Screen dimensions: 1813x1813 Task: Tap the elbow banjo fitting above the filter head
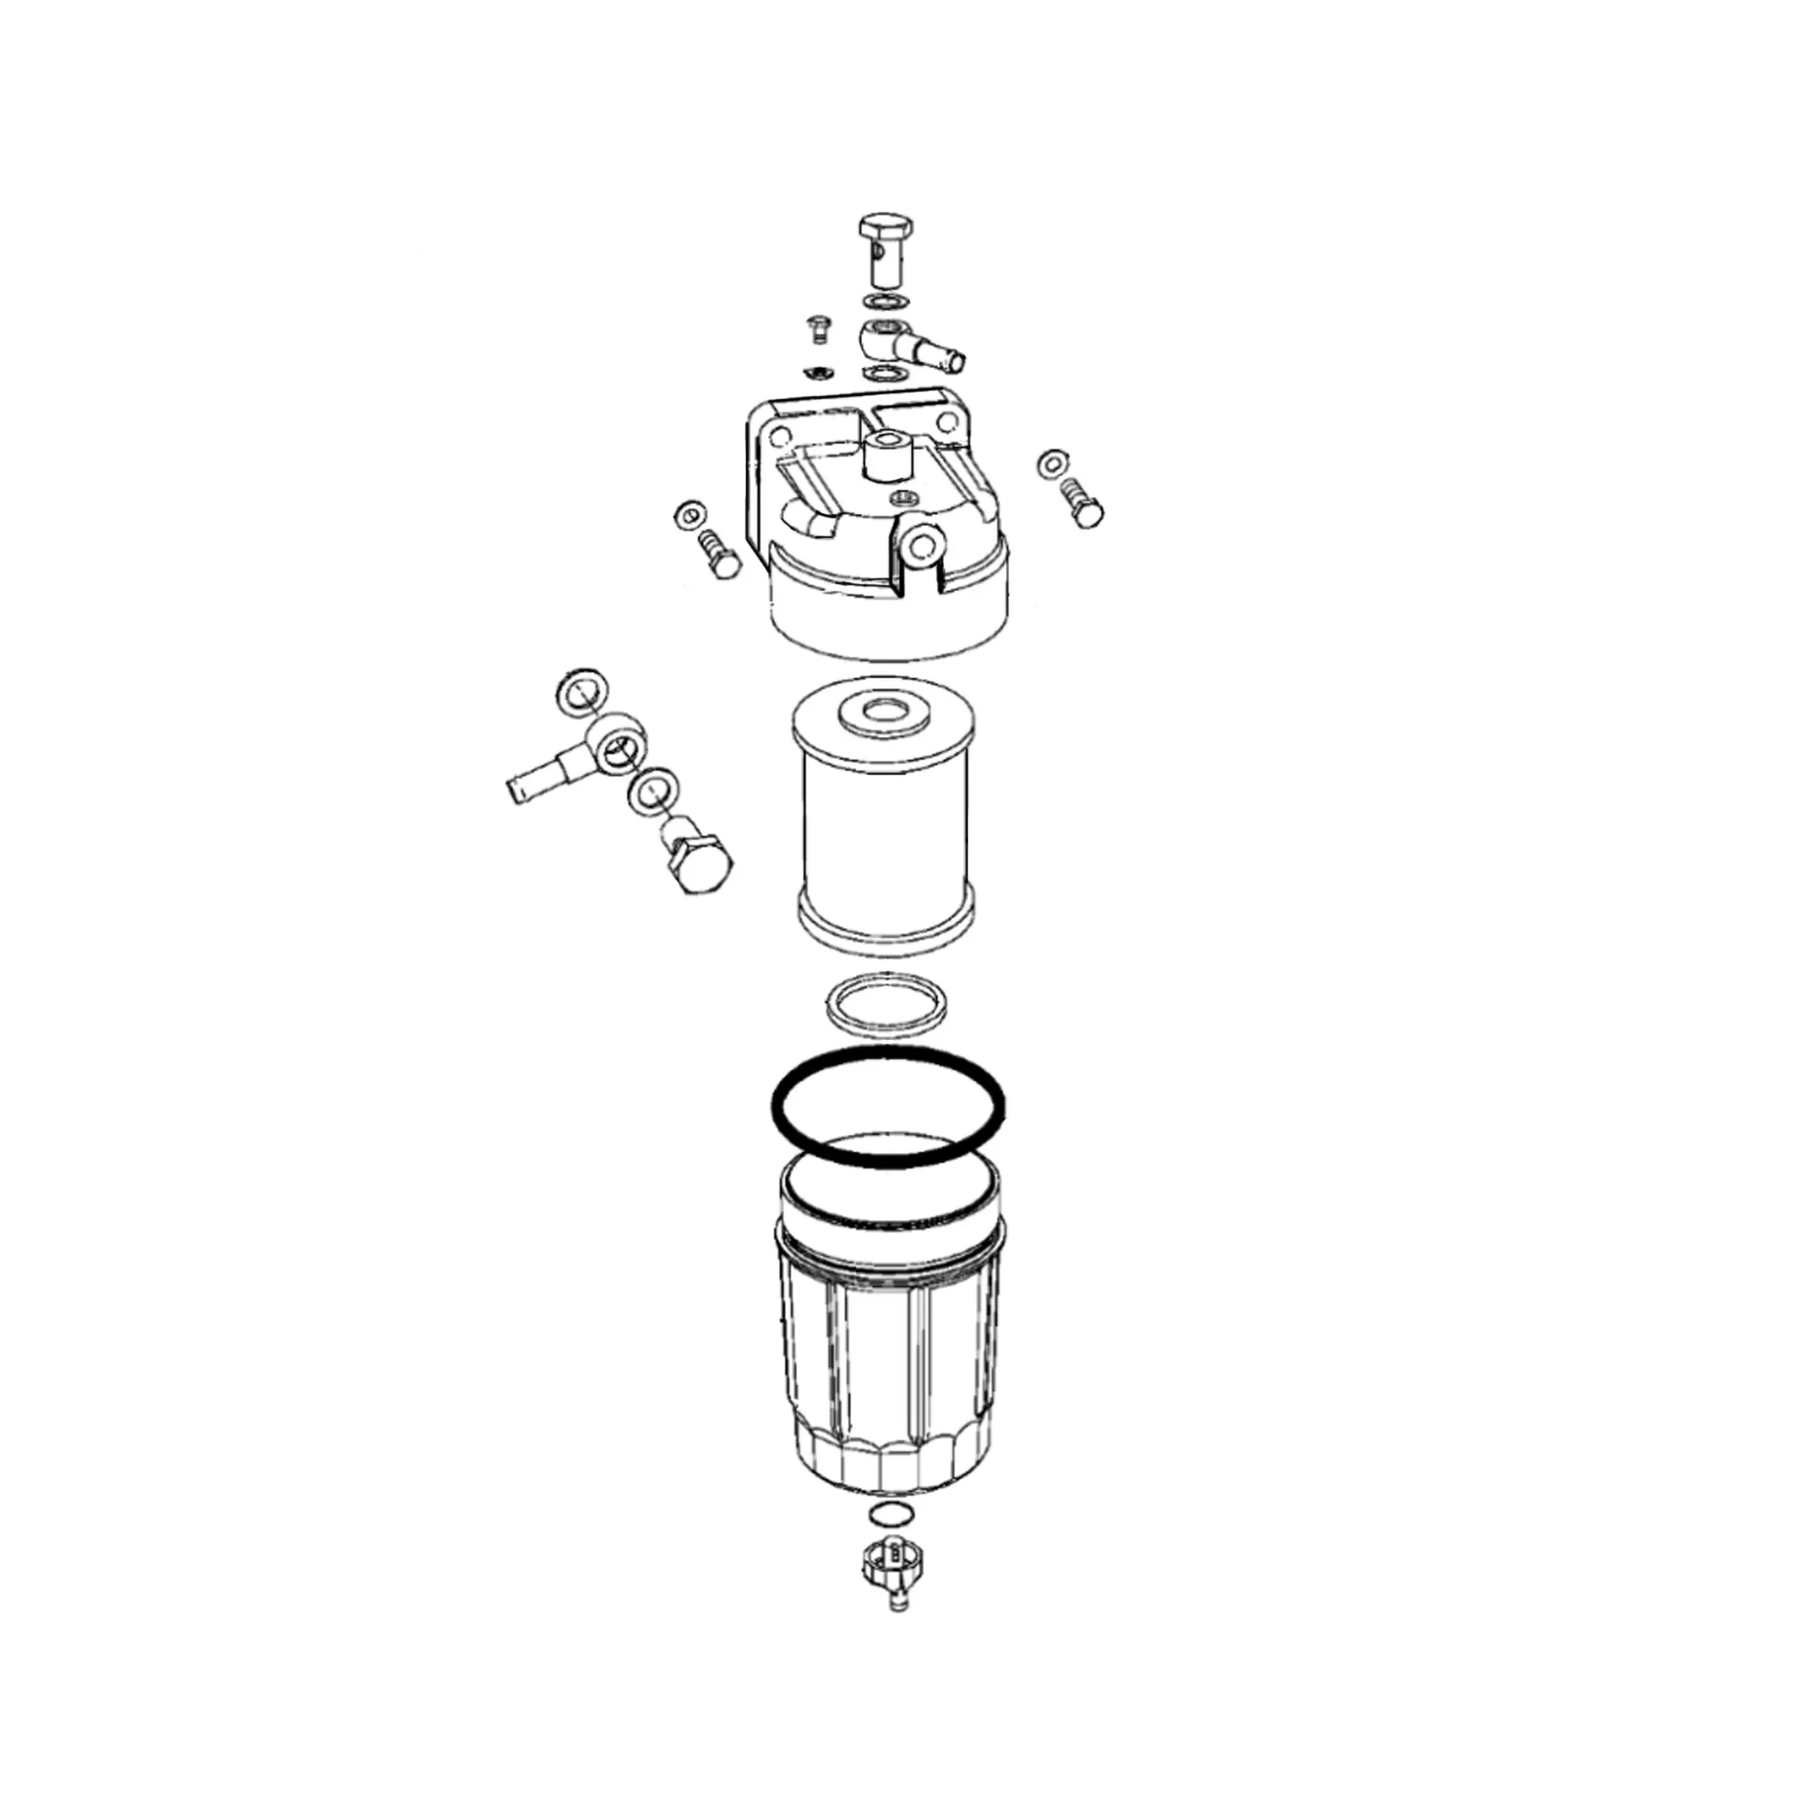pos(901,344)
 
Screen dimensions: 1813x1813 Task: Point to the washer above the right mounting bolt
pos(1052,461)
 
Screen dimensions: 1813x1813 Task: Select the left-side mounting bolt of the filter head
pos(721,554)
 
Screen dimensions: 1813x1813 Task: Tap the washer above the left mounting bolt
pos(689,514)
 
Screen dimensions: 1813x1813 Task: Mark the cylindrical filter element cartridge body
pos(885,826)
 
